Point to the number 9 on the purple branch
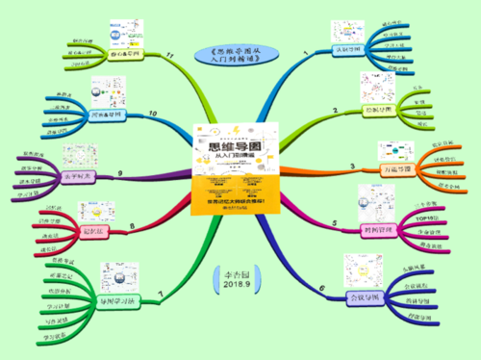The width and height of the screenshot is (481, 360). (x=119, y=173)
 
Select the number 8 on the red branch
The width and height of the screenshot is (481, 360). (x=131, y=226)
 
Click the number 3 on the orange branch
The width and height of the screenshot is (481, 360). (x=352, y=167)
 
